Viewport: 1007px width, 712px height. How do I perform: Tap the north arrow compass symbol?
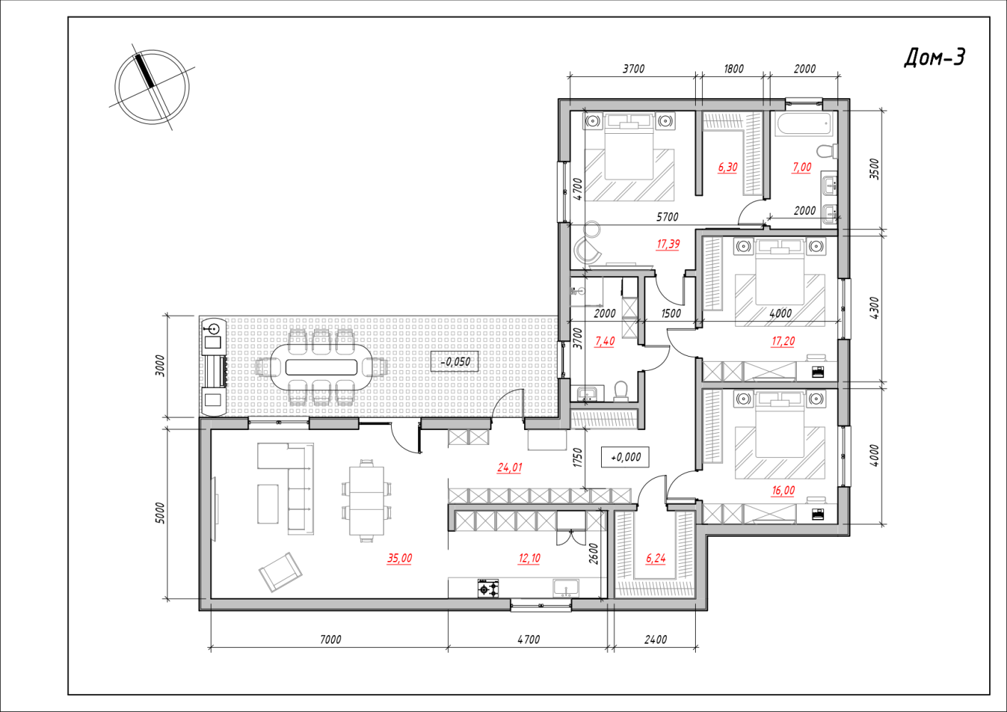(152, 87)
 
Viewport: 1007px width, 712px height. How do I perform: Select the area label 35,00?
(400, 558)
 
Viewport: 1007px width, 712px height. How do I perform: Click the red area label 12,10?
(529, 558)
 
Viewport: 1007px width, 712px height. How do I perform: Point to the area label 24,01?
(509, 468)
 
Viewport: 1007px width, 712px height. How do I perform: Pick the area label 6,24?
(655, 558)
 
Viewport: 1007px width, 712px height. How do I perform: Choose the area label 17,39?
(668, 244)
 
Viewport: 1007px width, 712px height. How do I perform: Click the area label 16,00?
(783, 491)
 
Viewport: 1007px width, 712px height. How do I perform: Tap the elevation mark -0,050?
(454, 362)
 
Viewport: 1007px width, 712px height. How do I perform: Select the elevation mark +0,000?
(625, 457)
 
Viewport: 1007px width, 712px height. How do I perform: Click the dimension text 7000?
(330, 639)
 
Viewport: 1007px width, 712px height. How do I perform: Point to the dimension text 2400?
(655, 639)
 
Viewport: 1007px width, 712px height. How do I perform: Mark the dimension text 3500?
(874, 169)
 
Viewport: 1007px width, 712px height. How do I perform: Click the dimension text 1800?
(734, 69)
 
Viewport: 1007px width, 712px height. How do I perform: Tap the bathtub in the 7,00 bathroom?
(804, 123)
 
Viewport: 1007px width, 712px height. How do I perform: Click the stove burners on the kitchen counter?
(489, 588)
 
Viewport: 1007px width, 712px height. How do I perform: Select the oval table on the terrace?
(321, 367)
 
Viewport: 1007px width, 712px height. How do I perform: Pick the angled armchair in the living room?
(281, 572)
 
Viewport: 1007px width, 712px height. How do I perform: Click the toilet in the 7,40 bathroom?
(621, 391)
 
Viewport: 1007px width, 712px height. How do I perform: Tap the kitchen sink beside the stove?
(566, 588)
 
